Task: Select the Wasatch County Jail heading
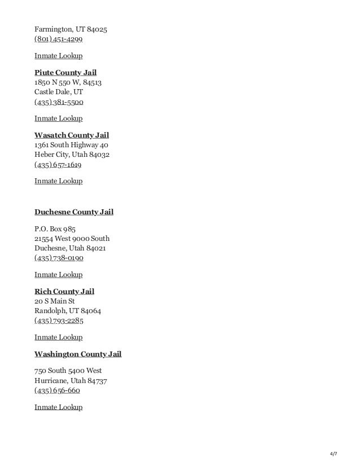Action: (72, 135)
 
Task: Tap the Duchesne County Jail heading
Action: (74, 212)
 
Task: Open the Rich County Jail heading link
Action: (64, 292)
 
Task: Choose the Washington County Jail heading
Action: (78, 354)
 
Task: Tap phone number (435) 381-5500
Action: (59, 103)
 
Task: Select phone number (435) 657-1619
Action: (58, 166)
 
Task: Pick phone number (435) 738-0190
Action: (59, 259)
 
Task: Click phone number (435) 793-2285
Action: (59, 322)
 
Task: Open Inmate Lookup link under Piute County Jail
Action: (59, 118)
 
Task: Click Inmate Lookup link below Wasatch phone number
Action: (59, 181)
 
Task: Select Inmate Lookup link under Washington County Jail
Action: (59, 407)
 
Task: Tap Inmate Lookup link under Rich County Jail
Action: (59, 337)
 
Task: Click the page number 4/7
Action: (333, 454)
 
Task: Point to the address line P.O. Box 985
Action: (55, 229)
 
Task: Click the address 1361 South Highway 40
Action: (71, 146)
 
